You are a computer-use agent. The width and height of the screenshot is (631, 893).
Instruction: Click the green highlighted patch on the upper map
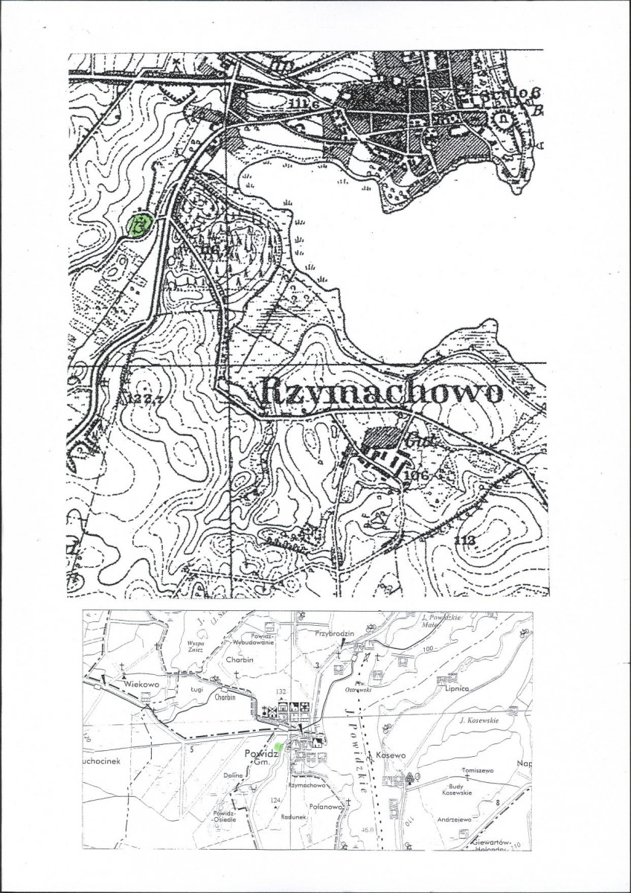tap(138, 225)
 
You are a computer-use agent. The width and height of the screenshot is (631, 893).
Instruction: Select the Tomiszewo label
tap(478, 770)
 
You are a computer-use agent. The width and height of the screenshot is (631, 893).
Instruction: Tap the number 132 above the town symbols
tap(281, 691)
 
